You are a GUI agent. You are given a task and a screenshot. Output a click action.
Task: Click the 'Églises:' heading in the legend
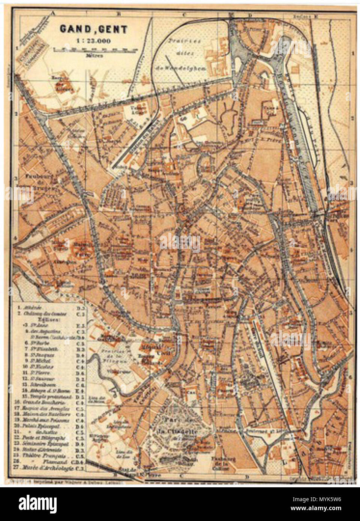43,319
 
